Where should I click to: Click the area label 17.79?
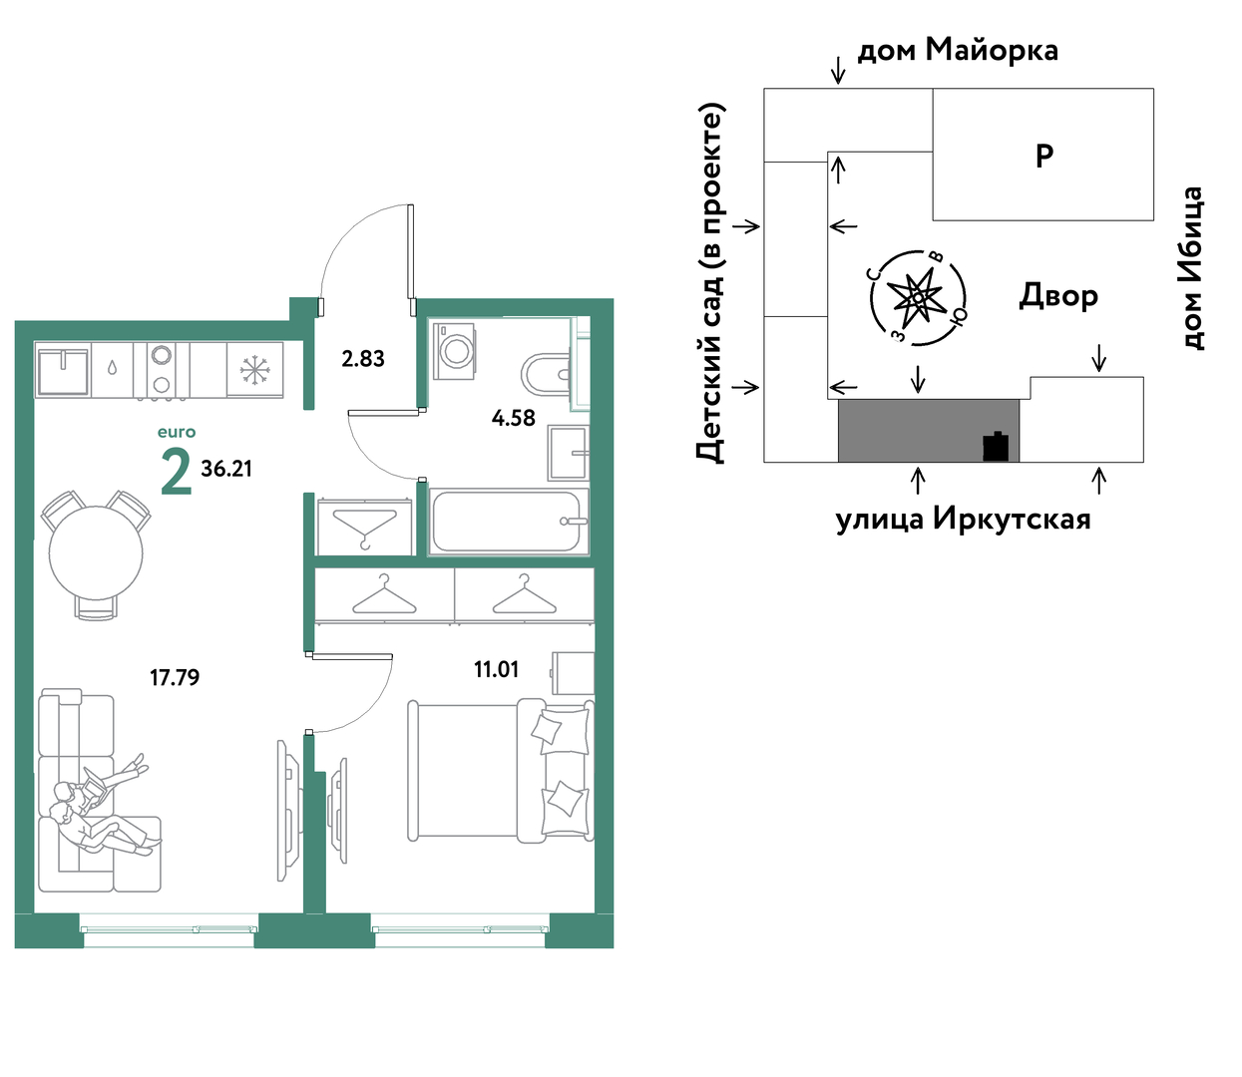tap(175, 677)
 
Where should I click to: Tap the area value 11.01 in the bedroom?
tap(496, 669)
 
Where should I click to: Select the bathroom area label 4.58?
tap(514, 418)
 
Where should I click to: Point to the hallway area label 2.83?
tap(363, 359)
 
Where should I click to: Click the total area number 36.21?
tap(226, 469)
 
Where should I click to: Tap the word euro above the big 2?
tap(177, 432)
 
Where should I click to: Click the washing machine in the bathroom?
tap(454, 351)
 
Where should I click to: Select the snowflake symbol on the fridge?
tap(255, 370)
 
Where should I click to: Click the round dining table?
tap(96, 554)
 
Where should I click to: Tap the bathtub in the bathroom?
tap(509, 522)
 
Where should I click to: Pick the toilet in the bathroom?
tap(547, 373)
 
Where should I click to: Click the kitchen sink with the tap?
tap(63, 370)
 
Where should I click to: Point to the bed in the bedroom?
tap(501, 770)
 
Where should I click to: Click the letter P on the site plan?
tap(1044, 156)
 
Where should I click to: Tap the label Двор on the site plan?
tap(1058, 295)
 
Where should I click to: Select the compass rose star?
tap(917, 298)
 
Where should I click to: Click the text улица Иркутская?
tap(963, 520)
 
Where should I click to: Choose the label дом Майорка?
tap(958, 51)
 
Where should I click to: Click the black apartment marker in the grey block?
tap(996, 446)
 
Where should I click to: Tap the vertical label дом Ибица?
tap(1191, 268)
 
